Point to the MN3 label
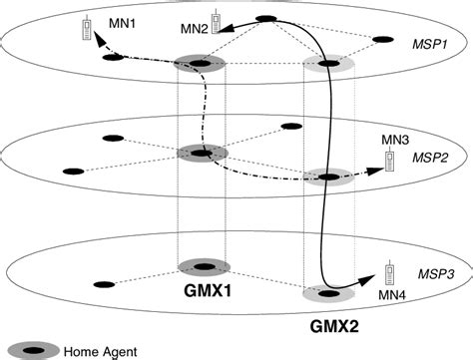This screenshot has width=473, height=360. (396, 142)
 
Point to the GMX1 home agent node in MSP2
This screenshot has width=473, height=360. (203, 153)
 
